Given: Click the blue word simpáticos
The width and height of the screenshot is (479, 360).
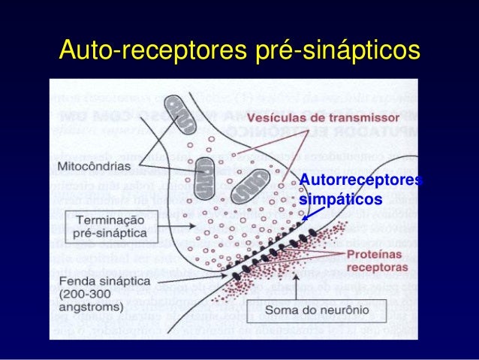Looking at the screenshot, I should click(340, 199).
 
